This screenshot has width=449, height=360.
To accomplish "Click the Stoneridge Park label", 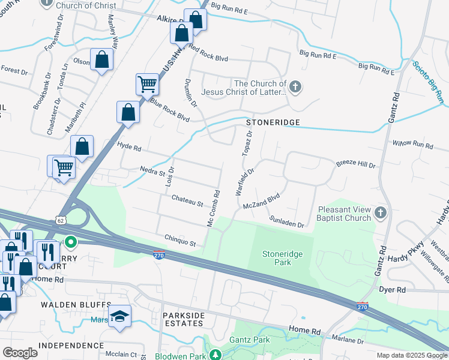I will [x=282, y=258].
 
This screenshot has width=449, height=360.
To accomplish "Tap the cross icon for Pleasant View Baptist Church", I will [x=380, y=213].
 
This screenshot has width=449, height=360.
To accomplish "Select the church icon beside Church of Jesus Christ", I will [x=294, y=88].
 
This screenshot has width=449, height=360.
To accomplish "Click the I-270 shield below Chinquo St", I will [x=159, y=255].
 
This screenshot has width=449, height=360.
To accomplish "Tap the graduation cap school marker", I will [x=120, y=316].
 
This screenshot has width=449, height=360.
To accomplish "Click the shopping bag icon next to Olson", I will [x=102, y=59].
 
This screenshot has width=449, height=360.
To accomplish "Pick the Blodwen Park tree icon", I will [x=215, y=355].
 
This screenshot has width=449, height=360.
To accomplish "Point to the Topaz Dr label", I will [x=246, y=143].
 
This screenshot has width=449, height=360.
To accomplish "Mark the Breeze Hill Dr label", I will [x=355, y=164].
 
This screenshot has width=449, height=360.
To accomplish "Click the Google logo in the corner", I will [x=20, y=352].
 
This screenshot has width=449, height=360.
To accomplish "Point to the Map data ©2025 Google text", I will [x=411, y=355].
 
